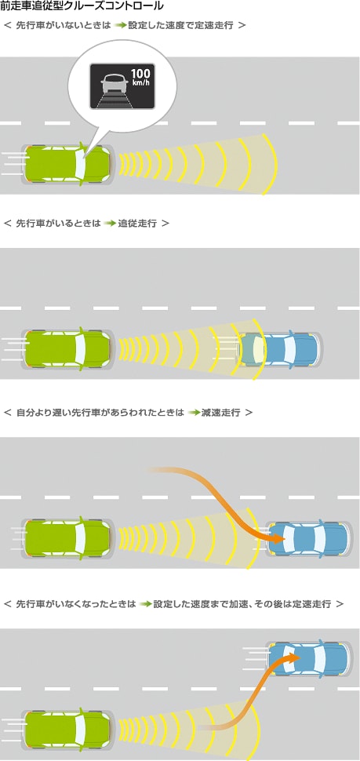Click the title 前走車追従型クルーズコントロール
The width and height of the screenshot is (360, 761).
tap(82, 6)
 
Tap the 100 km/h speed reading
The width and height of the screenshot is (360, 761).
tap(140, 78)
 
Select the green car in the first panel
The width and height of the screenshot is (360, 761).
tap(67, 162)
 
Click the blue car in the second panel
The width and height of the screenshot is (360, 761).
tap(281, 348)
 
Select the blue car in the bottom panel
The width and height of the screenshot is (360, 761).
tap(309, 658)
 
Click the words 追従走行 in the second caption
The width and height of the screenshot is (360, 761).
tap(138, 224)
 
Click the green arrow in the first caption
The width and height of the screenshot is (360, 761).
tap(121, 25)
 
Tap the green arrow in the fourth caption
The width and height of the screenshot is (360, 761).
tap(146, 604)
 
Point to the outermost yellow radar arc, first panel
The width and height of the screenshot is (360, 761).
tap(271, 165)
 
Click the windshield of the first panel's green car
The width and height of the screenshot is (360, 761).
tap(80, 162)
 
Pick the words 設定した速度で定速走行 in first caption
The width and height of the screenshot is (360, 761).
tap(181, 25)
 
